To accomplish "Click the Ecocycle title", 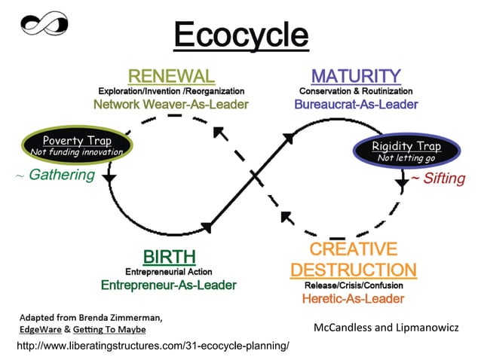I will point(240,35).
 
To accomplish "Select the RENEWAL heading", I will point(171,76).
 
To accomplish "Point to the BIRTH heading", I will point(170,257).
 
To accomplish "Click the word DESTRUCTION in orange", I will point(353,270).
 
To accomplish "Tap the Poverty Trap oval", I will point(76,146).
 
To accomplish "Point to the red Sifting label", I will point(442,178).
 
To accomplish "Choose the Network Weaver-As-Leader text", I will point(170,104).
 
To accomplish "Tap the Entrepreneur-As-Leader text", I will point(169,285).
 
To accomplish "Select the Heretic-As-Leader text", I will point(353,299).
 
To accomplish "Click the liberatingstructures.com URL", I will point(152,345).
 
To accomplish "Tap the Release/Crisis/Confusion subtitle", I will point(353,285).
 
